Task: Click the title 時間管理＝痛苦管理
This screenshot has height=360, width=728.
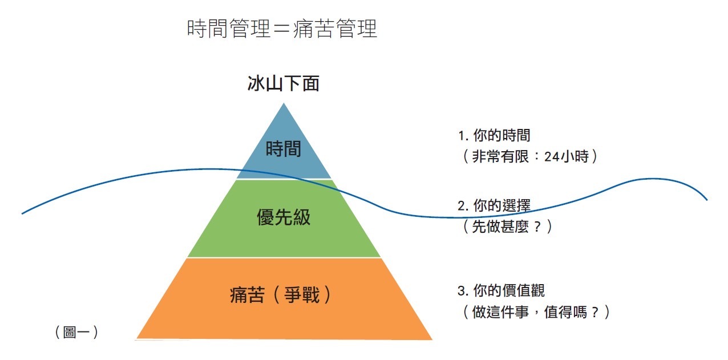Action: coord(282,29)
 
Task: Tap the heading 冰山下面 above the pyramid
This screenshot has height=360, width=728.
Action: coord(283,84)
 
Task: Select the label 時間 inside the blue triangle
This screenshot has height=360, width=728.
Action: coord(283,149)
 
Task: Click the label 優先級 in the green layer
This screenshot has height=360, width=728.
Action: coord(284,217)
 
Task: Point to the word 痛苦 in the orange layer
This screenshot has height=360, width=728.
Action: coord(246,295)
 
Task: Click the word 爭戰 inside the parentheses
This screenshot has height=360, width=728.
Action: coord(302,295)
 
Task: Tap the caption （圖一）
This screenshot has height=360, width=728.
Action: coord(76,332)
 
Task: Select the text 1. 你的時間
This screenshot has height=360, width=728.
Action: coord(494,135)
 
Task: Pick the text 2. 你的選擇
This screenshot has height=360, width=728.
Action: coord(494,206)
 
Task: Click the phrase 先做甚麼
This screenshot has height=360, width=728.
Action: coord(501,226)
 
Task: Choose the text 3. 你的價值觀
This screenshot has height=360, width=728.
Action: coord(501,290)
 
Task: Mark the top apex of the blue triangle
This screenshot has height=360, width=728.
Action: coord(284,103)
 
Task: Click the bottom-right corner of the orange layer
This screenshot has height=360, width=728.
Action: coord(432,339)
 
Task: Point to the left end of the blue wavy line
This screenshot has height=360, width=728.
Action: coord(23,213)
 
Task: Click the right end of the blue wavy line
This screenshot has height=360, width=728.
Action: coord(707,200)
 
